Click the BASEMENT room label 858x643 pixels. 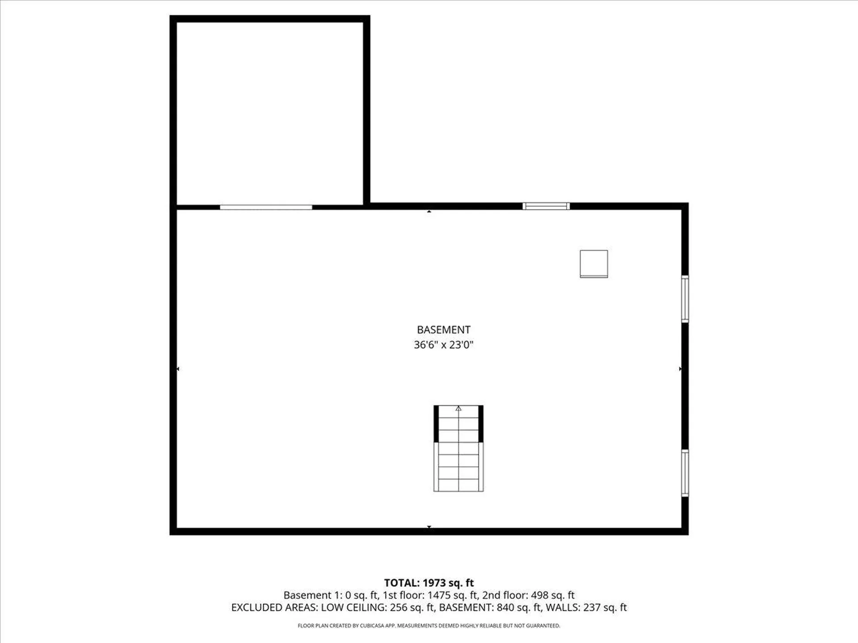443,330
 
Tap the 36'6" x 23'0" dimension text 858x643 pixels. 443,345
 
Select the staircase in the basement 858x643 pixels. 458,448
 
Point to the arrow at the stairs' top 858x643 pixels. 458,409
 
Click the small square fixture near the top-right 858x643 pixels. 593,264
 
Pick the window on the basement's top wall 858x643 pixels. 546,206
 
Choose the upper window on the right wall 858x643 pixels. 685,299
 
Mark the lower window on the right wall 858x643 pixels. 685,473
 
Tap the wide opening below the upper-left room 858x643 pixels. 266,207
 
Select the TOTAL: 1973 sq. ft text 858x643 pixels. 429,583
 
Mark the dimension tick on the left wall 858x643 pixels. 178,369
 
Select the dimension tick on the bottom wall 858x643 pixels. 429,527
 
